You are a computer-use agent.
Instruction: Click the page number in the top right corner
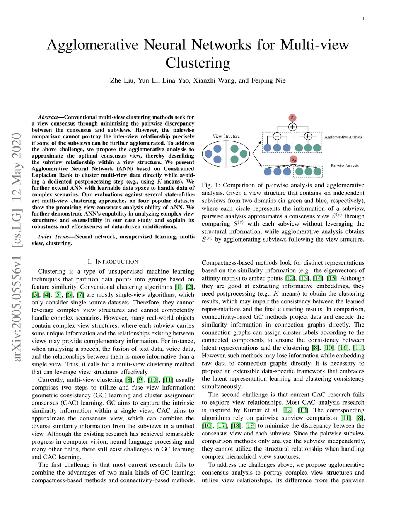click(x=363, y=19)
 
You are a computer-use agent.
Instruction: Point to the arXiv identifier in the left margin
click(x=17, y=247)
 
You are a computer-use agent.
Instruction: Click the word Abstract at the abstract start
click(x=48, y=117)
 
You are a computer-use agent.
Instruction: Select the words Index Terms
click(x=53, y=236)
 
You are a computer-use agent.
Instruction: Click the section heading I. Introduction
click(x=113, y=262)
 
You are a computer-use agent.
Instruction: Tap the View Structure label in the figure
click(x=226, y=136)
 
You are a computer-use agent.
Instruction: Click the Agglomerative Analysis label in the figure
click(x=343, y=137)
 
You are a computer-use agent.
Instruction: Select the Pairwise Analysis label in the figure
click(x=345, y=166)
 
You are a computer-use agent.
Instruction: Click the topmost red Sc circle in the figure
click(x=293, y=118)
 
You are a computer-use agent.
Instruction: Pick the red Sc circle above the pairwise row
click(x=294, y=159)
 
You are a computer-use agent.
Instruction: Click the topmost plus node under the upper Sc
click(x=293, y=127)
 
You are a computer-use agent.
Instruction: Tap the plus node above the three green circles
click(x=308, y=136)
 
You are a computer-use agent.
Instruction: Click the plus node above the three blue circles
click(x=277, y=136)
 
